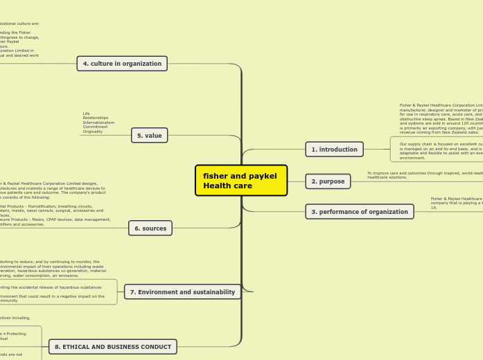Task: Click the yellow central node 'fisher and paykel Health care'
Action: [x=240, y=181]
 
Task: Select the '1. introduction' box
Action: [x=334, y=149]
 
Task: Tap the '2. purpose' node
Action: [x=328, y=181]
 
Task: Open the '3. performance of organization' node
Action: [x=359, y=212]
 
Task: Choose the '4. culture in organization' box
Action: [x=122, y=64]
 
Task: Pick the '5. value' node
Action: [x=149, y=136]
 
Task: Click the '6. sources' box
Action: [x=150, y=228]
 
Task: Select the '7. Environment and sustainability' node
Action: [x=182, y=292]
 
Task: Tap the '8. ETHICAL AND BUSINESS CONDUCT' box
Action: [x=112, y=347]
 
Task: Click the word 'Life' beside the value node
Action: [x=87, y=114]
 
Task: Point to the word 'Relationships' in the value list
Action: [x=96, y=118]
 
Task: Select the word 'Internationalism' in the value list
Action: [x=98, y=123]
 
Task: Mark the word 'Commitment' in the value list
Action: [x=95, y=127]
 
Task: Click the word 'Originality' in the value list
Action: [x=93, y=132]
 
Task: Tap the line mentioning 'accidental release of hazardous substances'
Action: [x=52, y=287]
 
